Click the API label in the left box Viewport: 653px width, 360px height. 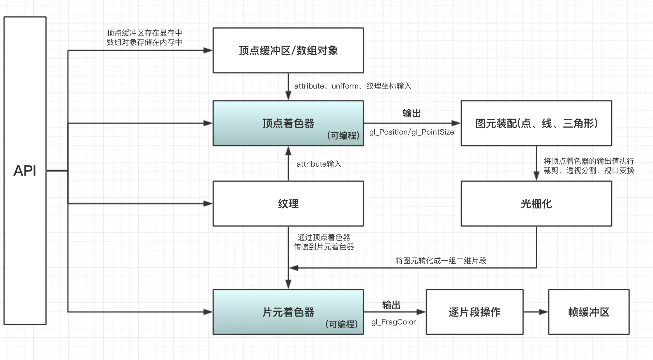point(25,171)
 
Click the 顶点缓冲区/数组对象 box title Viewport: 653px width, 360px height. point(288,51)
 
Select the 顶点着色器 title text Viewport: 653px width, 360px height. point(288,123)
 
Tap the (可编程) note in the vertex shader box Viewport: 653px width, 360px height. point(343,135)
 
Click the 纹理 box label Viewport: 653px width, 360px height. point(288,204)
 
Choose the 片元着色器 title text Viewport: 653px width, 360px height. point(288,312)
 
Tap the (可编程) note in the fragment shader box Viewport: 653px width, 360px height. point(341,324)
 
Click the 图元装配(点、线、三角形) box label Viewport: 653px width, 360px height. point(536,123)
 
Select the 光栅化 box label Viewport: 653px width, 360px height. point(536,204)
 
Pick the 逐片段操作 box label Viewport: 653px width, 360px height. point(474,312)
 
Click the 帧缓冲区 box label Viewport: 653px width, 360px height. point(589,312)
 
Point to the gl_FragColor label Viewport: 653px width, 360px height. point(393,322)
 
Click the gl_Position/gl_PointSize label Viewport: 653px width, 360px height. point(412,132)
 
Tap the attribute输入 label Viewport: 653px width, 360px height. point(319,164)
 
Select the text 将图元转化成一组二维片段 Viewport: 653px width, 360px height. point(441,261)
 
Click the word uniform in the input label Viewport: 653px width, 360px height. point(345,86)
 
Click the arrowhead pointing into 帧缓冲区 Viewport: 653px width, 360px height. point(543,312)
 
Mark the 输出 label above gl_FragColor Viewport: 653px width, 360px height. point(391,305)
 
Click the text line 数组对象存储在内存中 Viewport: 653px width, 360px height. point(144,42)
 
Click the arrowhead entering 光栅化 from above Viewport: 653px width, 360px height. point(536,176)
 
